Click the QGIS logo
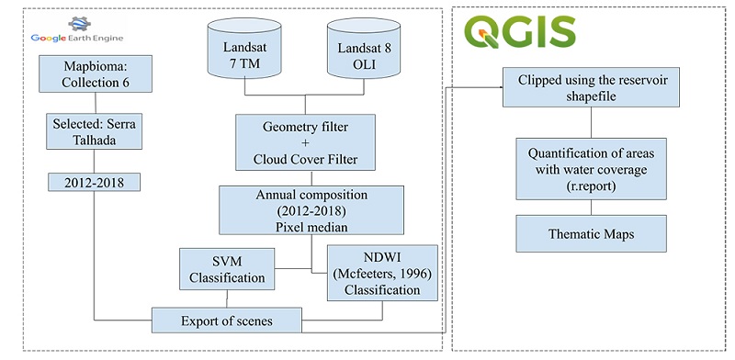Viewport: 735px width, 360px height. click(520, 29)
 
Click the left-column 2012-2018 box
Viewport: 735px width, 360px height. click(93, 182)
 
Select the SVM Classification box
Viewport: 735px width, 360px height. click(227, 269)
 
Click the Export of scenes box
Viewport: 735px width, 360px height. click(228, 321)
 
